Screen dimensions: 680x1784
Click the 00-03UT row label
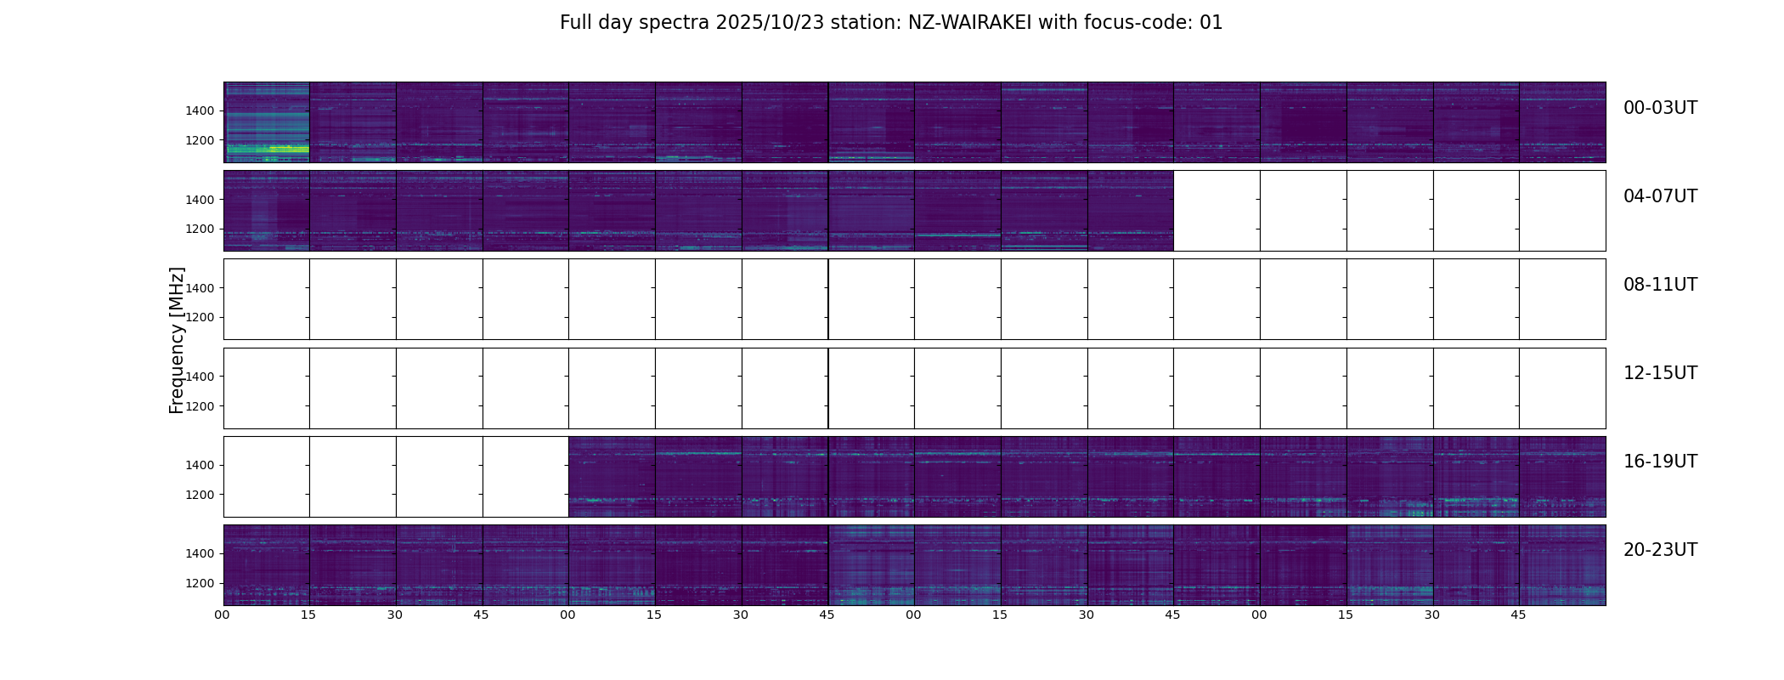pyautogui.click(x=1660, y=108)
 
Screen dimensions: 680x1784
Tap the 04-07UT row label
pyautogui.click(x=1660, y=196)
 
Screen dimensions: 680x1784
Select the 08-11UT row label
pyautogui.click(x=1660, y=285)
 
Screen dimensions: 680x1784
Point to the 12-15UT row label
pyautogui.click(x=1660, y=373)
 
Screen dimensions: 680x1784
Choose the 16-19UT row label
pyautogui.click(x=1660, y=462)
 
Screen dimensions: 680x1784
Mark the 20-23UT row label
pyautogui.click(x=1660, y=550)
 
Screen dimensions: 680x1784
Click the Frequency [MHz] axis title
pyautogui.click(x=177, y=340)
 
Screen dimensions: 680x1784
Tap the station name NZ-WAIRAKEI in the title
pyautogui.click(x=969, y=23)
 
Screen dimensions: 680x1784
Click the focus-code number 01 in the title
pyautogui.click(x=1211, y=23)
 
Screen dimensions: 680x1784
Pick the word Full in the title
pyautogui.click(x=575, y=23)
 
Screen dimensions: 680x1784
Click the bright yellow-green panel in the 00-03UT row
pyautogui.click(x=267, y=122)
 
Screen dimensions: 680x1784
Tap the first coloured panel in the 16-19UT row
pyautogui.click(x=612, y=477)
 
